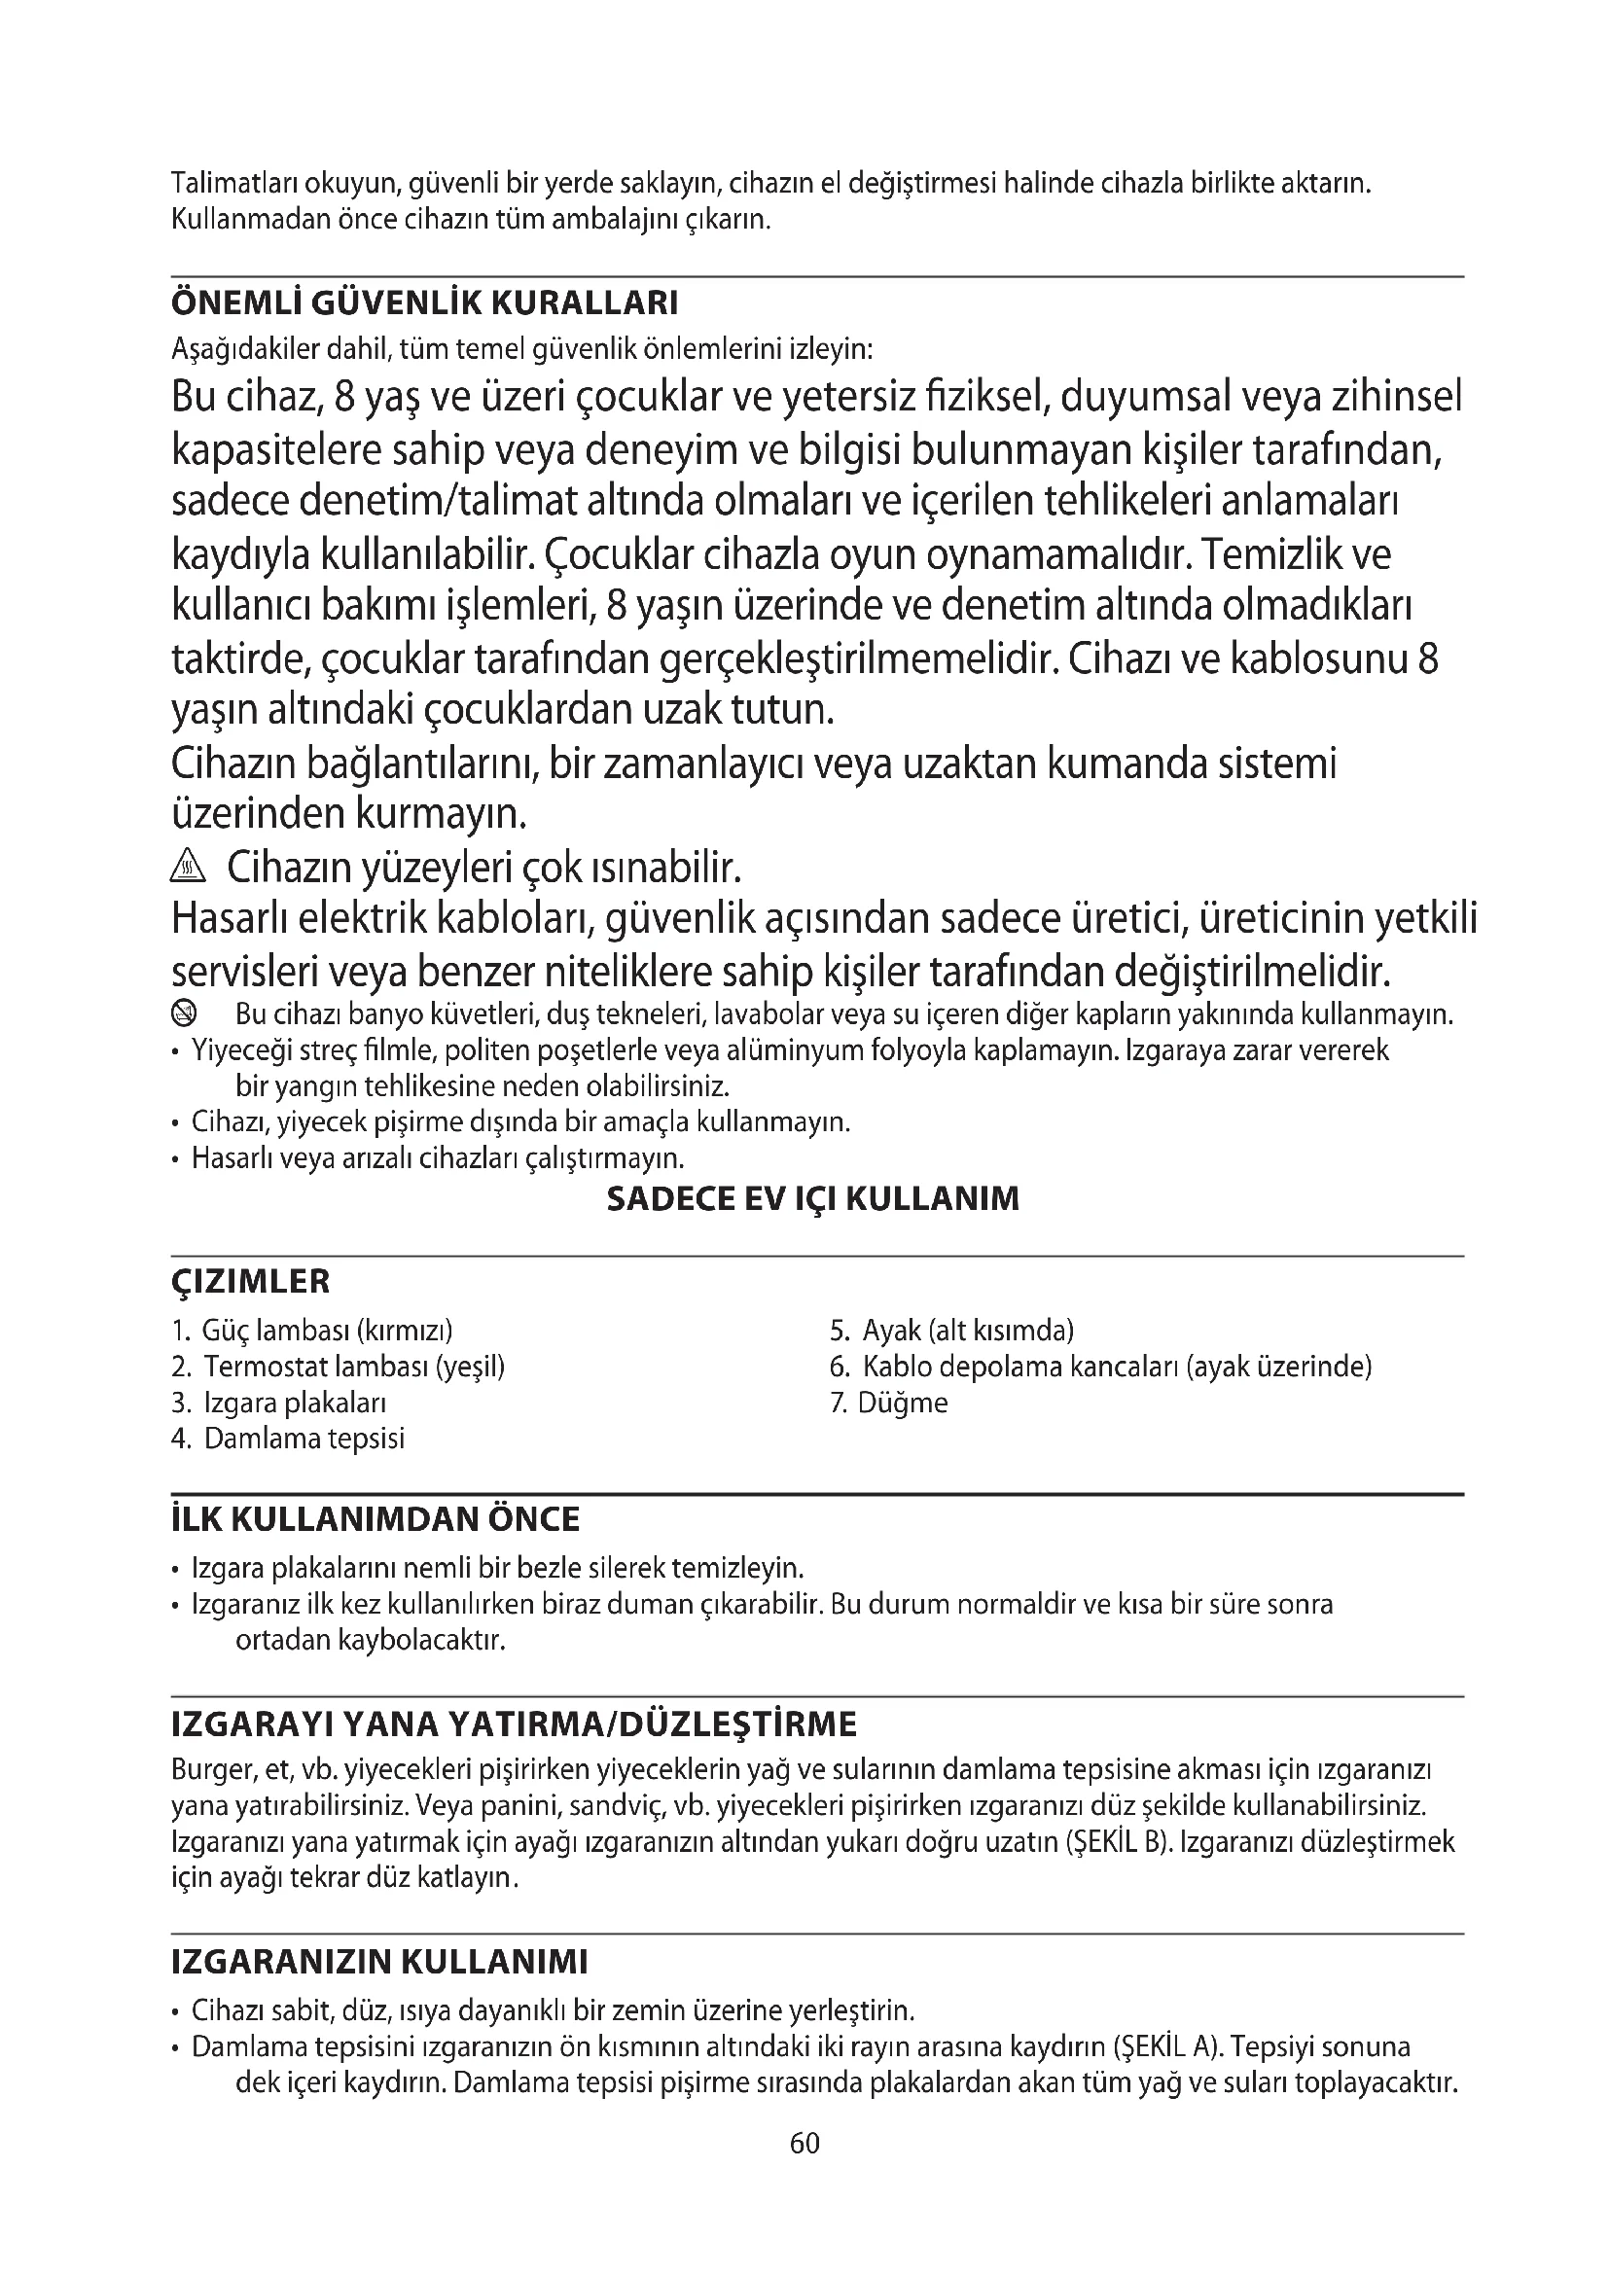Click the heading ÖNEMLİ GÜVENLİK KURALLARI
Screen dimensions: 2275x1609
424,303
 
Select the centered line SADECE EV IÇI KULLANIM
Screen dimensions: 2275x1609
811,1199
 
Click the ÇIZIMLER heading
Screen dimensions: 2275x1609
251,1281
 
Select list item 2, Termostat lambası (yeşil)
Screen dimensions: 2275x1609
338,1367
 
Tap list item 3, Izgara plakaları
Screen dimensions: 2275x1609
278,1404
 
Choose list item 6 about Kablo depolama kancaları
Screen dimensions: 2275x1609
1100,1367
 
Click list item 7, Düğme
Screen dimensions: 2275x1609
889,1404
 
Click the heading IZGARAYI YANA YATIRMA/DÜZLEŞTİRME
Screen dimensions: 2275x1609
514,1725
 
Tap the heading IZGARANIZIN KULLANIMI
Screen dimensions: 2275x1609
379,1962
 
